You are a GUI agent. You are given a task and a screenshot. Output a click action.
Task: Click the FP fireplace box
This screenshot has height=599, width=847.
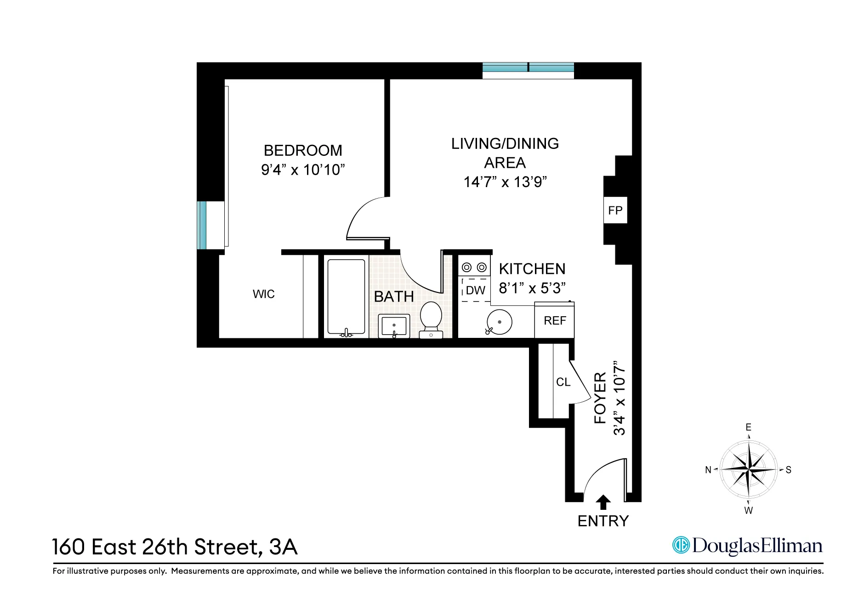coord(615,211)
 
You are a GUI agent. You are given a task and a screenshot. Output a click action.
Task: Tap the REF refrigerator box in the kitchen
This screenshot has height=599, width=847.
coord(555,320)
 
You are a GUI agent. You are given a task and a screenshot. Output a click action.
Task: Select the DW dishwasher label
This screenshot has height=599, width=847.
coord(475,290)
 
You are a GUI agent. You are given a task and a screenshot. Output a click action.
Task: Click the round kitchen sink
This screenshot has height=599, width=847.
coord(499,322)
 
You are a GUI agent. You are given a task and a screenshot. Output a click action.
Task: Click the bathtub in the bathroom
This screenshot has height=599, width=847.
coord(346,297)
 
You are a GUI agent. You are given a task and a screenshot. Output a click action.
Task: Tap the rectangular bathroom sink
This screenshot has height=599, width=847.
coord(394,326)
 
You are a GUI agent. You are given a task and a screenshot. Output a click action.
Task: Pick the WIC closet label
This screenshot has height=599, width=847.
coord(263,294)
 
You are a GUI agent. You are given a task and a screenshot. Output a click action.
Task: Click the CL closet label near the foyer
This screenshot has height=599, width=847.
coord(563,382)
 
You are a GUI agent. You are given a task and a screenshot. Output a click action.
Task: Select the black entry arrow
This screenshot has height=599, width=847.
coord(603,502)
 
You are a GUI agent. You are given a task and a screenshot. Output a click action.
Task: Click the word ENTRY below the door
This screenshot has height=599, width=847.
coord(603,521)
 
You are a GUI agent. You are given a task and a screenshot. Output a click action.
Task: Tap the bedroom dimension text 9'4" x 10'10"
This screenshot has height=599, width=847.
coord(303,170)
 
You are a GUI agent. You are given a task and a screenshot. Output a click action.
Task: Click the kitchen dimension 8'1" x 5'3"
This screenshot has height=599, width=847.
coord(532,288)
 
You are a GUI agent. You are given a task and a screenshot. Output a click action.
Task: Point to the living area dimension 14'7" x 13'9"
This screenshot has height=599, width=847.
coord(505,182)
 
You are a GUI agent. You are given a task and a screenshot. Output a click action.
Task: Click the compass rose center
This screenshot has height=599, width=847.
coord(749,469)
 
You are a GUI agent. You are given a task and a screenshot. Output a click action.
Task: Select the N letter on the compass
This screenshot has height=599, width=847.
coord(708,470)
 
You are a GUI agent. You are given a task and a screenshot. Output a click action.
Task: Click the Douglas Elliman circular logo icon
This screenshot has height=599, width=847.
coord(681,545)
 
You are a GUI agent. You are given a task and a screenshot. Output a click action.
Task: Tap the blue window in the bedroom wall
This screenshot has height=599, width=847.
coord(202,225)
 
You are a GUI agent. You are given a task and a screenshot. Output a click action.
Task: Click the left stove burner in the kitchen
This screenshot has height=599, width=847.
coord(467,267)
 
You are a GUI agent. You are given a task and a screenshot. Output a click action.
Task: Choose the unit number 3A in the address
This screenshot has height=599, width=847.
coord(283,547)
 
